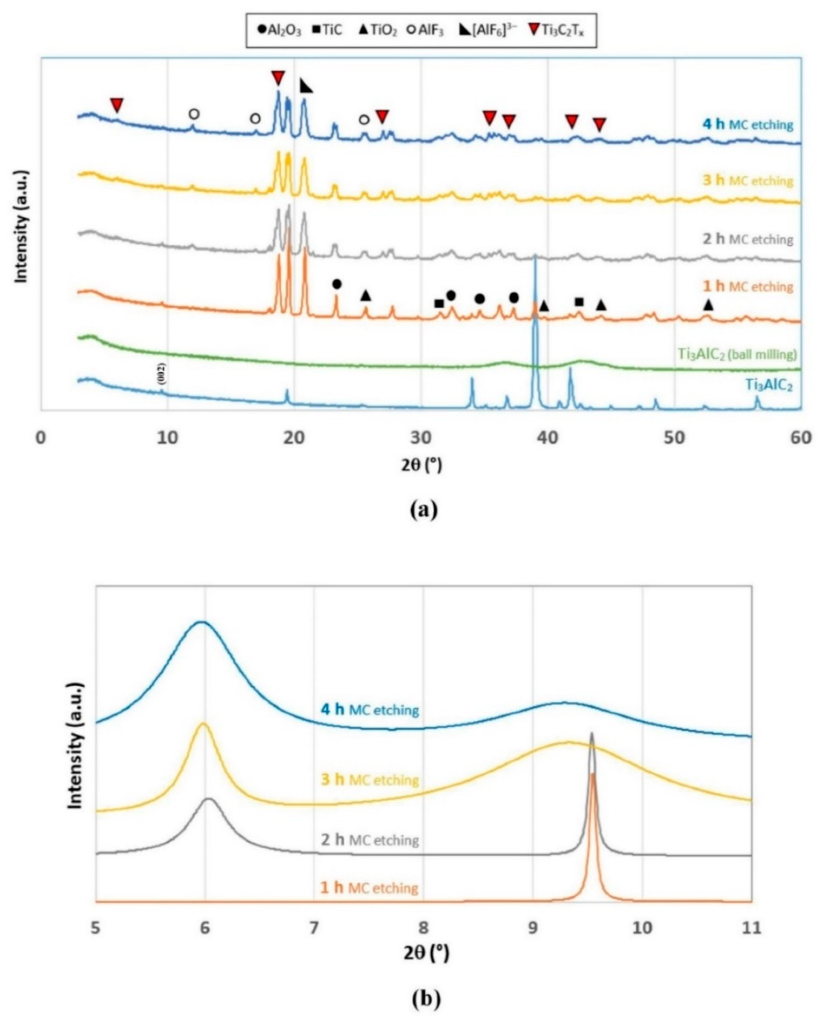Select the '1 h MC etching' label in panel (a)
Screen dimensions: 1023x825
[x=748, y=286]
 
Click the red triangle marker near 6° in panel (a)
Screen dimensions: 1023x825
[x=117, y=105]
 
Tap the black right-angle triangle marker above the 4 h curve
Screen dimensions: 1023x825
[x=307, y=87]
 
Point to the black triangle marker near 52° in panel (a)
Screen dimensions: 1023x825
[x=708, y=305]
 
